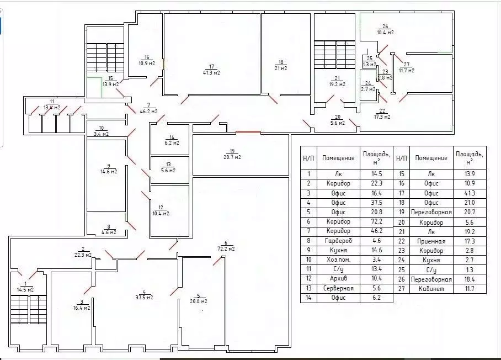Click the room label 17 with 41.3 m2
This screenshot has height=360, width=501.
coord(211,70)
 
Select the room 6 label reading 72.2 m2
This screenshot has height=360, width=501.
coord(226,246)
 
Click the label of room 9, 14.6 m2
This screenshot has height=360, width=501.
coord(108,168)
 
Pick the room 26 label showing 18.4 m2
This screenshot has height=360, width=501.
coord(385,29)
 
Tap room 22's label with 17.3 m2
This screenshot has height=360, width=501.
coord(381,113)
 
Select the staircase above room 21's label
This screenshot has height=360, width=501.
coord(334,55)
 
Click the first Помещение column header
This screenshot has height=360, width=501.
coord(338,157)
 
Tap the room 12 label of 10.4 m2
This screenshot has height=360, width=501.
coord(160,210)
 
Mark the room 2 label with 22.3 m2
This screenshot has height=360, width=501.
coord(82,252)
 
